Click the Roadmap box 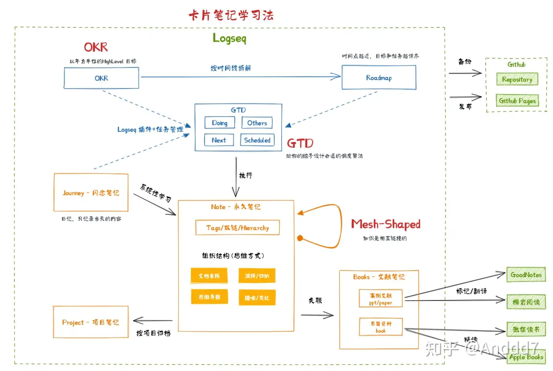379,78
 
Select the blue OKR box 101,78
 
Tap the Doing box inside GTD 219,123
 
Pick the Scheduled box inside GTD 257,140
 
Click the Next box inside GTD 219,140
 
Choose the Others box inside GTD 257,123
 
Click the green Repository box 517,80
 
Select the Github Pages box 517,101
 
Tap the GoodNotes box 526,275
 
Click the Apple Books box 526,357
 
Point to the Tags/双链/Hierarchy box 237,228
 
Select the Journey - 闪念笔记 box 91,193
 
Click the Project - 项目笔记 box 91,322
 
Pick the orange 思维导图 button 209,297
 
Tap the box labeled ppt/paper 381,299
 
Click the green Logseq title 229,38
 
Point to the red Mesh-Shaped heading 386,224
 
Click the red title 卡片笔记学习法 231,15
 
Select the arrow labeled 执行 236,177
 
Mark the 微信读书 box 526,329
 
